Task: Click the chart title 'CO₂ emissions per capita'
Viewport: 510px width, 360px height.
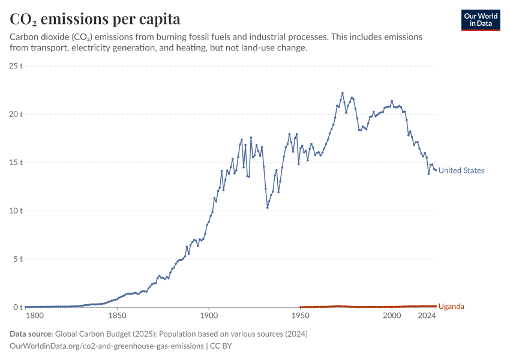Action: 95,19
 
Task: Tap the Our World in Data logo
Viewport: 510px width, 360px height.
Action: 481,20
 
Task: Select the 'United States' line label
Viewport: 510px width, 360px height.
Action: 461,170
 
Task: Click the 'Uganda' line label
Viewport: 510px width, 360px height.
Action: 451,307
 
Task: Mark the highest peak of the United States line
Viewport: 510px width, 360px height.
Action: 343,93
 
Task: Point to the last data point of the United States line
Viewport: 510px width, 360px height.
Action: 436,170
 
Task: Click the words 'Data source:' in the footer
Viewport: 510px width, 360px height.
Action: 31,334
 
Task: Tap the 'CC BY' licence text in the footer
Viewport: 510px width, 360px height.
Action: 221,346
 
